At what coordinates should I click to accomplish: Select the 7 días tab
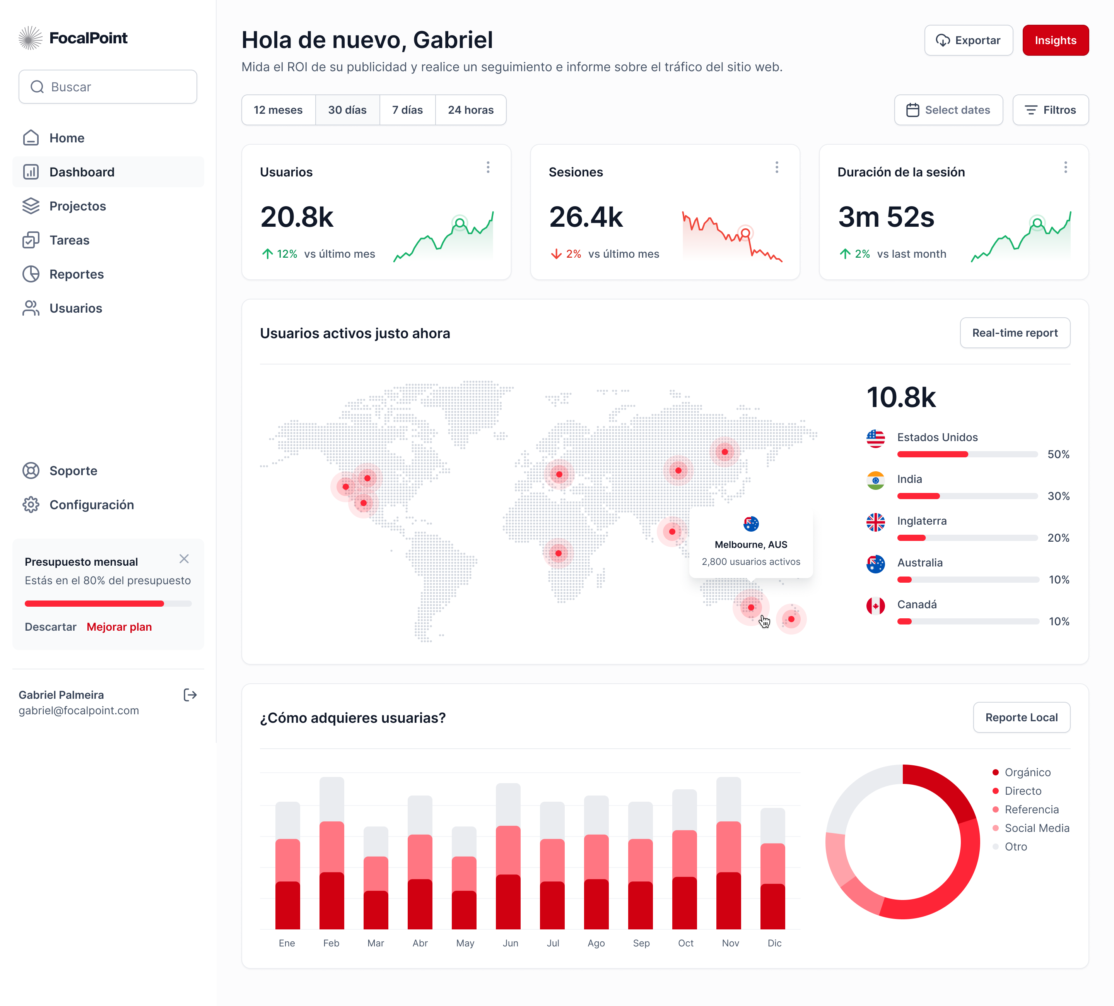407,110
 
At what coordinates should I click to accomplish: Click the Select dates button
948,110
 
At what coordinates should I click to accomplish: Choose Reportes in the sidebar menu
76,274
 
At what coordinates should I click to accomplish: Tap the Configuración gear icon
31,505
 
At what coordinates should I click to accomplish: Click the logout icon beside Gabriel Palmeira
190,695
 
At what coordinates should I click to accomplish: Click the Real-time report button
1015,333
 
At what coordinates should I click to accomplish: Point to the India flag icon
875,480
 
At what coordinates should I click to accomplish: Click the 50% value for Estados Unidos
1058,454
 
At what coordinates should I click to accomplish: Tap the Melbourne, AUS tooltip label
750,544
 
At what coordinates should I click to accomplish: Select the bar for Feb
331,854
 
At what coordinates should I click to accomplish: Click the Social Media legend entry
1037,828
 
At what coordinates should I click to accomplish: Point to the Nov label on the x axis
730,943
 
